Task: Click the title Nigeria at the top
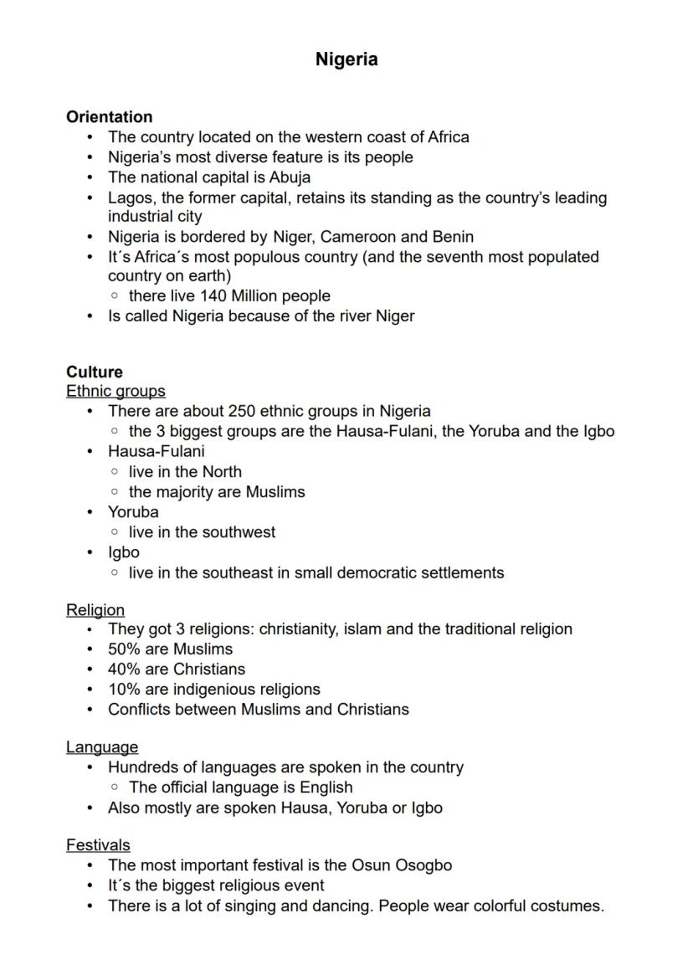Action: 346,59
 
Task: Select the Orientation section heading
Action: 109,117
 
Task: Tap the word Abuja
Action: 290,177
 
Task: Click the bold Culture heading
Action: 95,372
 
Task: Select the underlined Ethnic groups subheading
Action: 116,392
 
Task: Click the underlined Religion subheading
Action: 95,610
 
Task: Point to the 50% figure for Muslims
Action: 125,649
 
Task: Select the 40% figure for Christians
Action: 125,670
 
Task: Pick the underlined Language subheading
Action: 102,747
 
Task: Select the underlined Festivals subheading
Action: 98,845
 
